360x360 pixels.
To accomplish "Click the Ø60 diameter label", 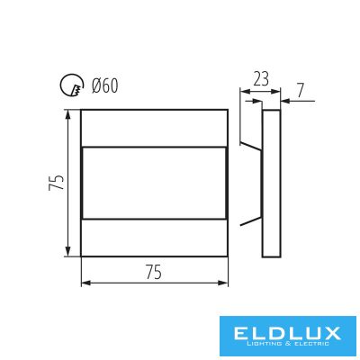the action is tap(105, 86).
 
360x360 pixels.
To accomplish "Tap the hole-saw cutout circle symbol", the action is tap(61, 85).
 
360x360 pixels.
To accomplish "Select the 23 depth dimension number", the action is tap(261, 79).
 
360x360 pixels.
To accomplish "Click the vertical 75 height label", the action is tap(57, 183).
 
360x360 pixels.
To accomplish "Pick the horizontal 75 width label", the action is tap(154, 272).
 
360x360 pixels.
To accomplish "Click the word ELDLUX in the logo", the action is tap(286, 333).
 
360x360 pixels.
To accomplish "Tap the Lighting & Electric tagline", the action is tap(286, 344).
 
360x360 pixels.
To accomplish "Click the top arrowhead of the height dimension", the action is tap(68, 114).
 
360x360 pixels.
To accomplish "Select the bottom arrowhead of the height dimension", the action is tap(68, 251).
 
